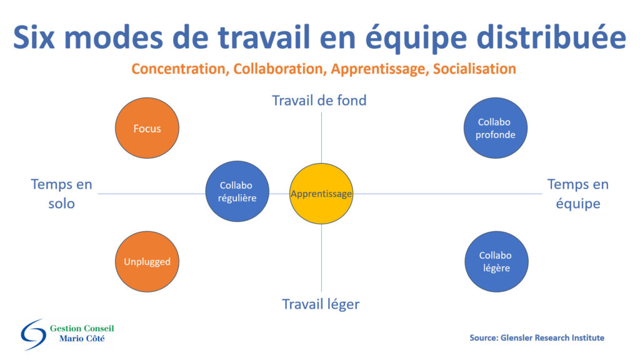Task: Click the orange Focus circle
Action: [147, 127]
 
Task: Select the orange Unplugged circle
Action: [147, 262]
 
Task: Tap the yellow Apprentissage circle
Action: [321, 194]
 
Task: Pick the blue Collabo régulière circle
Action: [237, 191]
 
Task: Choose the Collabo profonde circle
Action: [496, 127]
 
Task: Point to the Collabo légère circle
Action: [496, 262]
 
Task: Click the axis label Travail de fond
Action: [319, 101]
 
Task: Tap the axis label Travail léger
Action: [321, 304]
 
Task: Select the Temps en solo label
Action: [62, 194]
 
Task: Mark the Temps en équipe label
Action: [578, 194]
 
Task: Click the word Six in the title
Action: [34, 37]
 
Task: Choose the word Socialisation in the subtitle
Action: [474, 69]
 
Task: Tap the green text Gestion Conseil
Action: [82, 328]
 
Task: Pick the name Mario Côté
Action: [82, 338]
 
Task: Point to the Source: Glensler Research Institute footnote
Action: [537, 337]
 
